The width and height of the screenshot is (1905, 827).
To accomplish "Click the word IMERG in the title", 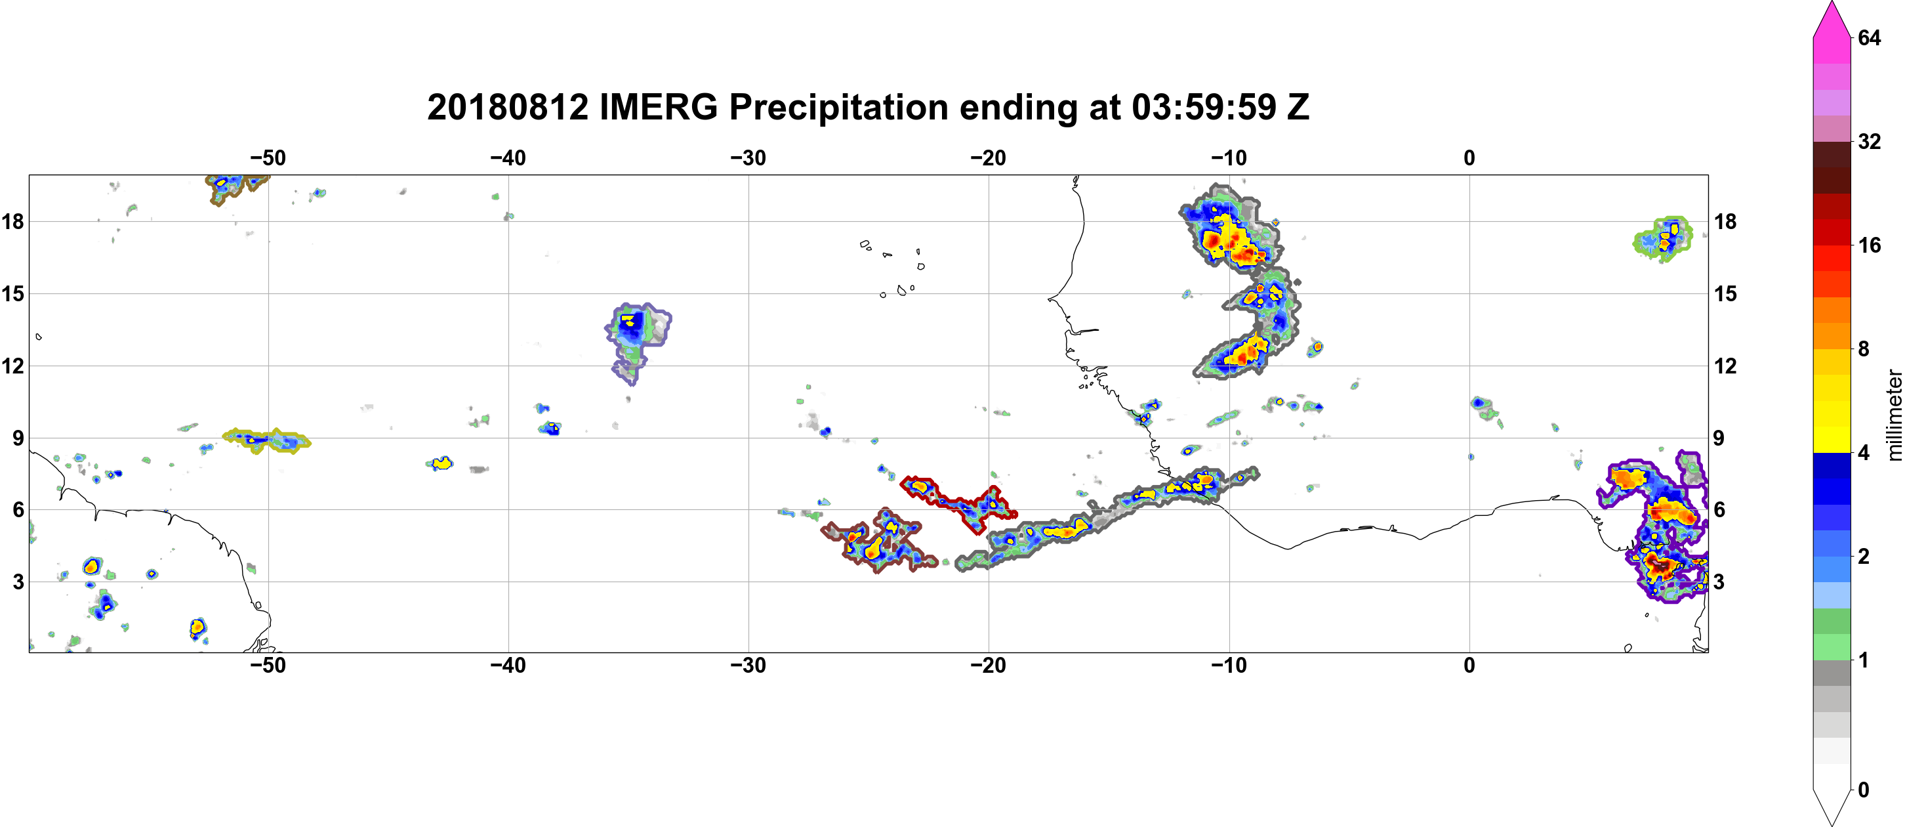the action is (658, 107).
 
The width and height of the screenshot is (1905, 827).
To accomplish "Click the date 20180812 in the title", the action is (508, 107).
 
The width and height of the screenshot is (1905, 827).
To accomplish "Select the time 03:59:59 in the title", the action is (1204, 107).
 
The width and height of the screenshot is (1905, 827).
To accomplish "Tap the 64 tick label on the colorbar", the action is (1870, 37).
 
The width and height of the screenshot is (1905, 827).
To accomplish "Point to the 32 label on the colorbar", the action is (1870, 141).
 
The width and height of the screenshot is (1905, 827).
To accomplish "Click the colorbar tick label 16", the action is (1870, 245).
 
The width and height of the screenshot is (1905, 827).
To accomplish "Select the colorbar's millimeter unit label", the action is (1894, 415).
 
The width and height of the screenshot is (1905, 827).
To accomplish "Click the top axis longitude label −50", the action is (268, 158).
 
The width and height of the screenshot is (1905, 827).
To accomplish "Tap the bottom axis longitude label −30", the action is (748, 665).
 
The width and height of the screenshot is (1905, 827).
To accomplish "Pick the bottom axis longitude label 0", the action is (1469, 665).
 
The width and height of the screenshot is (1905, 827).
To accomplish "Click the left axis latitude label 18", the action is (12, 221).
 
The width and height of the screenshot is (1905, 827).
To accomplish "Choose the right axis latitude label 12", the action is (1726, 366).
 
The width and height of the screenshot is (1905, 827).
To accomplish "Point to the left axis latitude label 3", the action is (18, 582).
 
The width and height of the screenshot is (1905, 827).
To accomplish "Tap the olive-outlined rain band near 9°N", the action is (266, 440).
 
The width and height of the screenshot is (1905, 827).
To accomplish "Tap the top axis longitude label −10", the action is (1229, 158).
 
